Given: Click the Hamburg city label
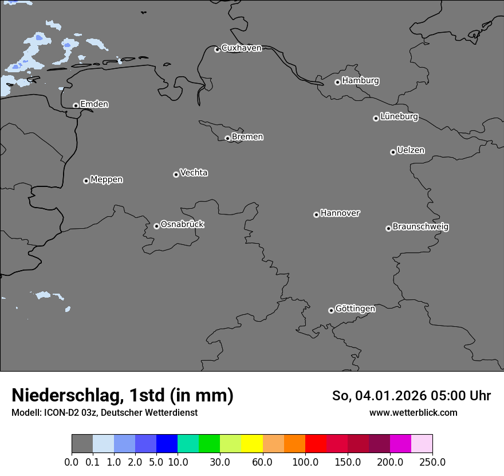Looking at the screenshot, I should (x=360, y=81).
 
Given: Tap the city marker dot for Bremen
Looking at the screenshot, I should (x=227, y=138).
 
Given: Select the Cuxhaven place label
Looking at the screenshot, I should (x=241, y=48).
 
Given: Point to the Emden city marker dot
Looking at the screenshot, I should (x=76, y=106).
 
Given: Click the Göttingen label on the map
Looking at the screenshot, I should (x=355, y=309).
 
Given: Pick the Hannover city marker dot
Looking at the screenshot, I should (x=316, y=214).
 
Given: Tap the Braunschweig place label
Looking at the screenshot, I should (x=420, y=227).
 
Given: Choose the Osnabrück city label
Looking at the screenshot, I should (x=182, y=225).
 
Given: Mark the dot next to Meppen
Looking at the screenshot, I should (x=86, y=181).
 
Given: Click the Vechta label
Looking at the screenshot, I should (x=194, y=173).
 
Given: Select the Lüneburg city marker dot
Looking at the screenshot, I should (x=376, y=118).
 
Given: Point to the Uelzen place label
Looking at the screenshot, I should (x=411, y=151).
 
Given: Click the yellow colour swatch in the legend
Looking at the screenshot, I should (x=252, y=444).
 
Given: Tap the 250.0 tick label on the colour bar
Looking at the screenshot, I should (x=432, y=462).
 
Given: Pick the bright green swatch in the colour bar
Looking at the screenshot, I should (x=210, y=444).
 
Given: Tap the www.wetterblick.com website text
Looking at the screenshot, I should (x=414, y=412).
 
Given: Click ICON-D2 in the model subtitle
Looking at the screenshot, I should (x=59, y=412).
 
